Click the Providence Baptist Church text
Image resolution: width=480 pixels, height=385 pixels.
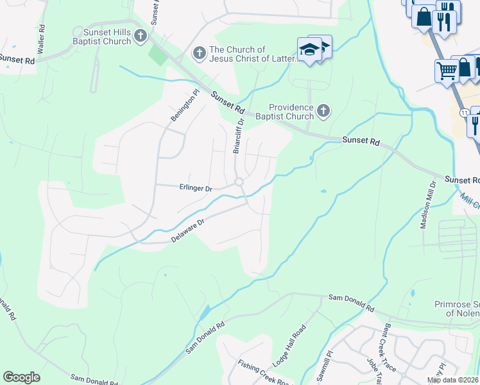(291, 112)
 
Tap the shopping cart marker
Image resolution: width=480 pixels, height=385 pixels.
(447, 71)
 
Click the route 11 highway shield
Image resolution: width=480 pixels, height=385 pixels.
(463, 112)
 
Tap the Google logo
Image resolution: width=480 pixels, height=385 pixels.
(22, 377)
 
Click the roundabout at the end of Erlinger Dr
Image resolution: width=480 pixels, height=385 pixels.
(239, 182)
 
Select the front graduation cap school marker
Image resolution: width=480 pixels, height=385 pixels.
(309, 49)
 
